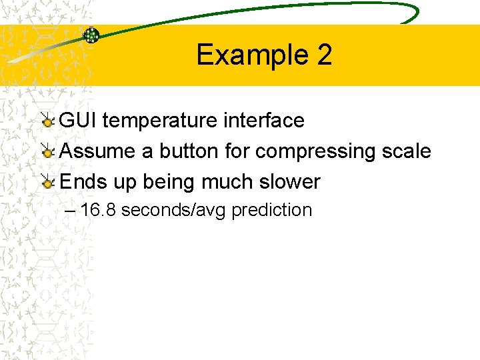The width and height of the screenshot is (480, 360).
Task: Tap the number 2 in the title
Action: [x=324, y=55]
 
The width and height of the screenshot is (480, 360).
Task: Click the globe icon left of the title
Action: [x=91, y=35]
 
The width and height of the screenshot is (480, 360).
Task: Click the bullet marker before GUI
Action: [x=48, y=121]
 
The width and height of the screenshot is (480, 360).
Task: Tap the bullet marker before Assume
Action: [x=48, y=152]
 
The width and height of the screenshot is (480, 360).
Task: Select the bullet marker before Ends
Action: [x=48, y=182]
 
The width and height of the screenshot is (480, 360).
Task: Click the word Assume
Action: [x=98, y=151]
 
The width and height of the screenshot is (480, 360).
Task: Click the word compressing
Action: [x=315, y=152]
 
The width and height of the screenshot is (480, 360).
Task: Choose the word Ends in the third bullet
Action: [x=81, y=181]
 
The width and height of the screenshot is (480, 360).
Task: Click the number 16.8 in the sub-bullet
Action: [x=99, y=210]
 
